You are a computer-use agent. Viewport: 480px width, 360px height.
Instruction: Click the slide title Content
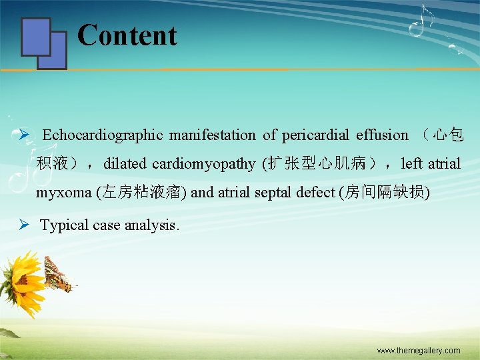(127, 35)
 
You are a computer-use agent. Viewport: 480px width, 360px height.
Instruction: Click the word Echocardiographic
(102, 135)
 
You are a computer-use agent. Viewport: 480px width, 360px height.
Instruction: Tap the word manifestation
(212, 135)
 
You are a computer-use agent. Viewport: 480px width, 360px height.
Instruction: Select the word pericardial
(312, 135)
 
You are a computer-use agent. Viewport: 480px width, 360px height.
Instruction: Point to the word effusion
(382, 135)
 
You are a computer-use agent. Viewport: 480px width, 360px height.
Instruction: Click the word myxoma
(64, 193)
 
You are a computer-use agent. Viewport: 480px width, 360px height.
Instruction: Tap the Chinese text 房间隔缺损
(385, 193)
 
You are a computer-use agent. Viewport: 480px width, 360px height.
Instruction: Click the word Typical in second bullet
(65, 225)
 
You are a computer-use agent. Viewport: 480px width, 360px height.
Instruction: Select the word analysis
(156, 225)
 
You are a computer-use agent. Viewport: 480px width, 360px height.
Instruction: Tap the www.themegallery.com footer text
(418, 351)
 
